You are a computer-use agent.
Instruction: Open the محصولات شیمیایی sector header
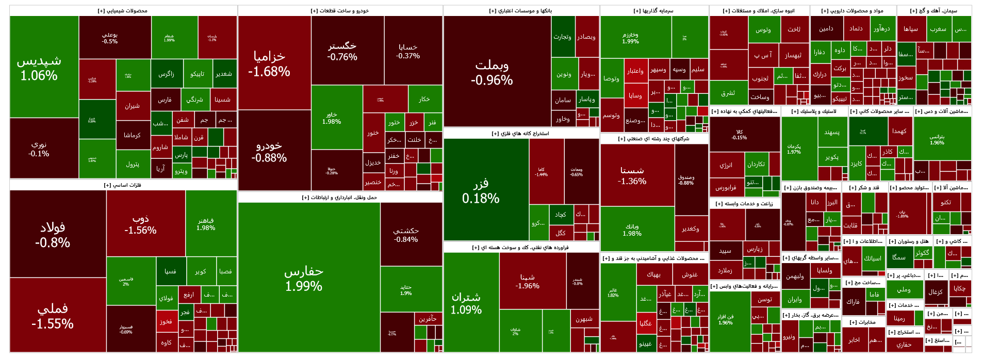(123, 11)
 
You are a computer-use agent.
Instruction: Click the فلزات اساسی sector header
(123, 185)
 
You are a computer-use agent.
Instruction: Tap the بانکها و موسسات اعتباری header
(521, 11)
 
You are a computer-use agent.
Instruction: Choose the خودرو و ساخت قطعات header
(340, 11)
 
